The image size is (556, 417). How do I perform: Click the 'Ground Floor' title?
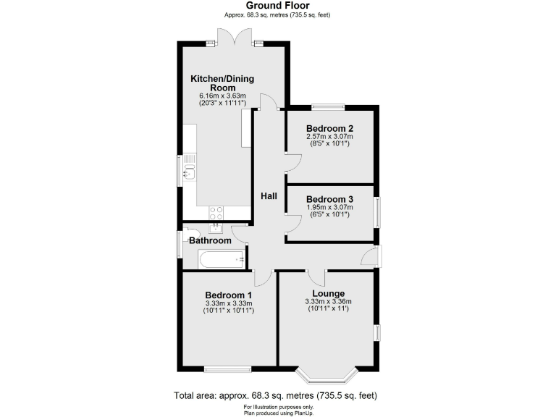278,5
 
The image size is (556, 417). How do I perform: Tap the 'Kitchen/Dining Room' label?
222,83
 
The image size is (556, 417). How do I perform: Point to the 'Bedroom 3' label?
329,199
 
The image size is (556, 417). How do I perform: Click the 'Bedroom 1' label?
229,295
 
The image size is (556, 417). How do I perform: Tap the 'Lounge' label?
328,293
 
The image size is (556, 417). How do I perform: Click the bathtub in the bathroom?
221,258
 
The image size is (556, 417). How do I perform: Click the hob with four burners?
216,212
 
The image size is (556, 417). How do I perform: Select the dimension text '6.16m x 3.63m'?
222,96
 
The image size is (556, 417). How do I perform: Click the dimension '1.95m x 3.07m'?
329,207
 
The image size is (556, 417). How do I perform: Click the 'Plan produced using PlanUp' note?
278,412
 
